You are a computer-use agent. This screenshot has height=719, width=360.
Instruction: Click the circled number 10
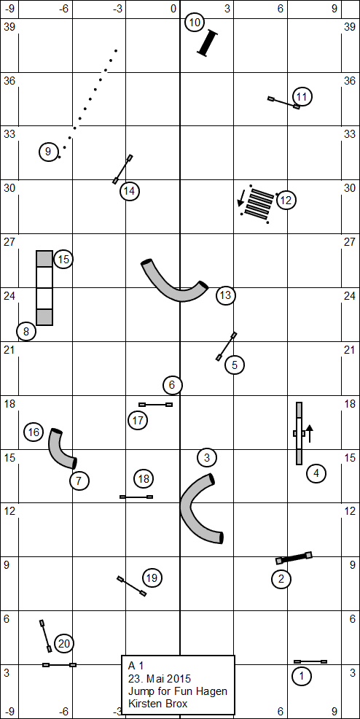click(195, 23)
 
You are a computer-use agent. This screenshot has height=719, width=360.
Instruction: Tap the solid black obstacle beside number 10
click(208, 43)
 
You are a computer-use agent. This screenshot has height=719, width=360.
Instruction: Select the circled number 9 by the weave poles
click(48, 152)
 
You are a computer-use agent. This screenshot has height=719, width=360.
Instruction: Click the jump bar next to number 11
click(284, 103)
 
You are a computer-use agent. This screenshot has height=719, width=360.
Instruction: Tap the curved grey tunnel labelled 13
click(174, 284)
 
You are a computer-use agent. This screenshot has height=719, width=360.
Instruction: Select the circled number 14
click(129, 191)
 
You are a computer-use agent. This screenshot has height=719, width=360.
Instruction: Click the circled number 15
click(63, 260)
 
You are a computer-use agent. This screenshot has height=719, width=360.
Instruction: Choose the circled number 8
click(26, 331)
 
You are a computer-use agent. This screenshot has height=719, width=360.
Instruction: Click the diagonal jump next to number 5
click(227, 346)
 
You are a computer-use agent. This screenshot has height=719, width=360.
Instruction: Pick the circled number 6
click(172, 385)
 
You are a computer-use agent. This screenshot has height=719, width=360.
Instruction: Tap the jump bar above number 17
click(155, 405)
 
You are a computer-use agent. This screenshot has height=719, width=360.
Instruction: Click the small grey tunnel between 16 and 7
click(60, 449)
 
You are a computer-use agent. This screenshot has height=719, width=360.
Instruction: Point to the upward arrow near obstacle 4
click(310, 433)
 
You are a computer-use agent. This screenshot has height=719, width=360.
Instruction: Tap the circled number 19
click(152, 578)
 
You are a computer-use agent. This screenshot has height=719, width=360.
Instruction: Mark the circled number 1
click(302, 675)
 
